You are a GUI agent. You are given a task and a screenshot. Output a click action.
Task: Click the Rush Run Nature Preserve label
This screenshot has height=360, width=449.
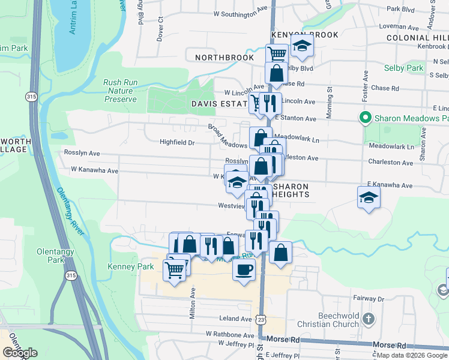click(x=121, y=91)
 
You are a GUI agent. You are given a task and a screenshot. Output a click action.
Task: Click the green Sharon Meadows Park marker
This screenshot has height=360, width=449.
click(x=364, y=118)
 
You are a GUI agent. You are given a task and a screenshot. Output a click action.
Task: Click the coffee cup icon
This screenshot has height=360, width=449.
click(x=244, y=270)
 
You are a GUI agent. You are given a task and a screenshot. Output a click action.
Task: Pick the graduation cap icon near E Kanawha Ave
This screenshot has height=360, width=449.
click(x=369, y=197)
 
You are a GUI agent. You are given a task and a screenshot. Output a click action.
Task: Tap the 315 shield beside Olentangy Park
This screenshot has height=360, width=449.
click(x=71, y=275)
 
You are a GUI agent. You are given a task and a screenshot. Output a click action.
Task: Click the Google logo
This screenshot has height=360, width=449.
click(x=20, y=353)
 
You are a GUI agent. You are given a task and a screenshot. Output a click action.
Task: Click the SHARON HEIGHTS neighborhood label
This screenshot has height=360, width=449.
click(x=291, y=191)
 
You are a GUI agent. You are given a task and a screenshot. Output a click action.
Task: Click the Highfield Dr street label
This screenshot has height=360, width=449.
click(x=177, y=143)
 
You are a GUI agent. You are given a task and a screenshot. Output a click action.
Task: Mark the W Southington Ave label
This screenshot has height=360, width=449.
click(x=241, y=13)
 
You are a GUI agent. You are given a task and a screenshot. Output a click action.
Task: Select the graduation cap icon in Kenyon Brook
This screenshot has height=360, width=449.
click(x=302, y=46)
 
